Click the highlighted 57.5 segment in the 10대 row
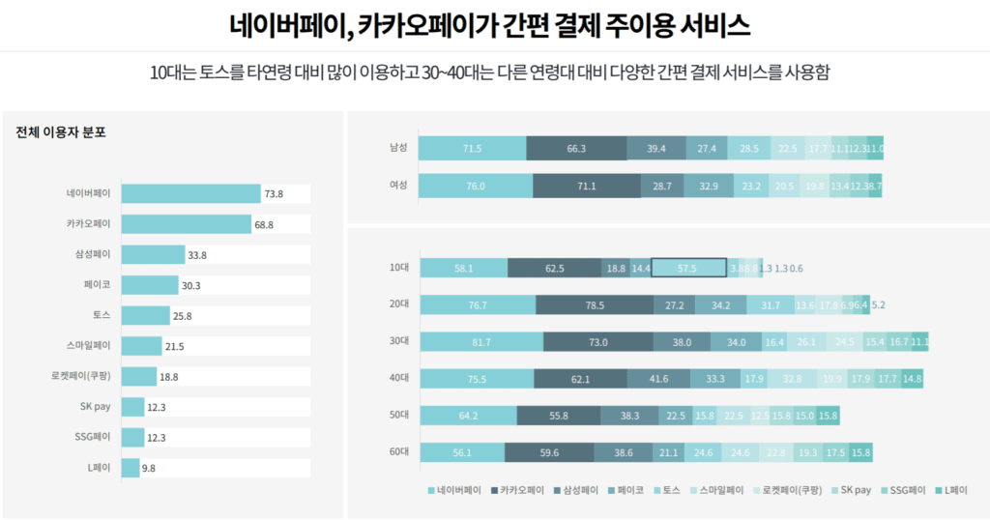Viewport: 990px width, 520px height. pos(688,268)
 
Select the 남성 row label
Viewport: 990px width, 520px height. pos(397,148)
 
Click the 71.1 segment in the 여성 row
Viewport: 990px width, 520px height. pos(586,186)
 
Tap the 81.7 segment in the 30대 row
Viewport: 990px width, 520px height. pos(481,342)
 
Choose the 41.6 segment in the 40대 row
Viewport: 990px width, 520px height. pos(658,379)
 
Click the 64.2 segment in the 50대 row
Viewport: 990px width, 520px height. pos(468,416)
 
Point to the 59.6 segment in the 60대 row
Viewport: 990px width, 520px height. pos(548,452)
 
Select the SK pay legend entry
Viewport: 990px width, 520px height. pos(850,490)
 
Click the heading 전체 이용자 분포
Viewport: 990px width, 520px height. pos(61,132)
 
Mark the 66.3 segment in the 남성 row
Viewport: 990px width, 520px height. pos(576,148)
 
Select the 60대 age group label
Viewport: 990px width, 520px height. pos(397,452)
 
